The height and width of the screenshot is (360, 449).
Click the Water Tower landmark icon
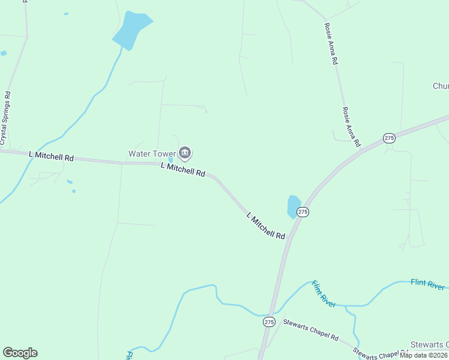[x=185, y=154]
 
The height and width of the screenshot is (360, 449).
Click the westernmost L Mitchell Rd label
[x=52, y=156]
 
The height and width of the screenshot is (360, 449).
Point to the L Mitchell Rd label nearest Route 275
[x=266, y=226]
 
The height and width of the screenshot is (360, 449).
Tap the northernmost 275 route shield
[x=390, y=138]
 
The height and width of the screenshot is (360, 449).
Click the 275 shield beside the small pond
[x=303, y=212]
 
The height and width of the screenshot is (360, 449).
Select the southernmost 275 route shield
[x=269, y=322]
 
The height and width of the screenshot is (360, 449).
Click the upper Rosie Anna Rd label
[x=331, y=44]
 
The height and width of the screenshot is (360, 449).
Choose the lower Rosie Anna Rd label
[x=351, y=127]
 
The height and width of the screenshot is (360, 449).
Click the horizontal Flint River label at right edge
[x=427, y=284]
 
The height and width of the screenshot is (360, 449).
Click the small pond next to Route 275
[x=294, y=206]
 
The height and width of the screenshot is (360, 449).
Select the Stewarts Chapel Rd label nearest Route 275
[x=312, y=329]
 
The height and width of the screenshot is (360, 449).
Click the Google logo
[x=20, y=353]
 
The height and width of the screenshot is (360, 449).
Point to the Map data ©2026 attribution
[x=423, y=355]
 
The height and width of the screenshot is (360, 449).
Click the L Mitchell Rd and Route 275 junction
[x=289, y=237]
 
